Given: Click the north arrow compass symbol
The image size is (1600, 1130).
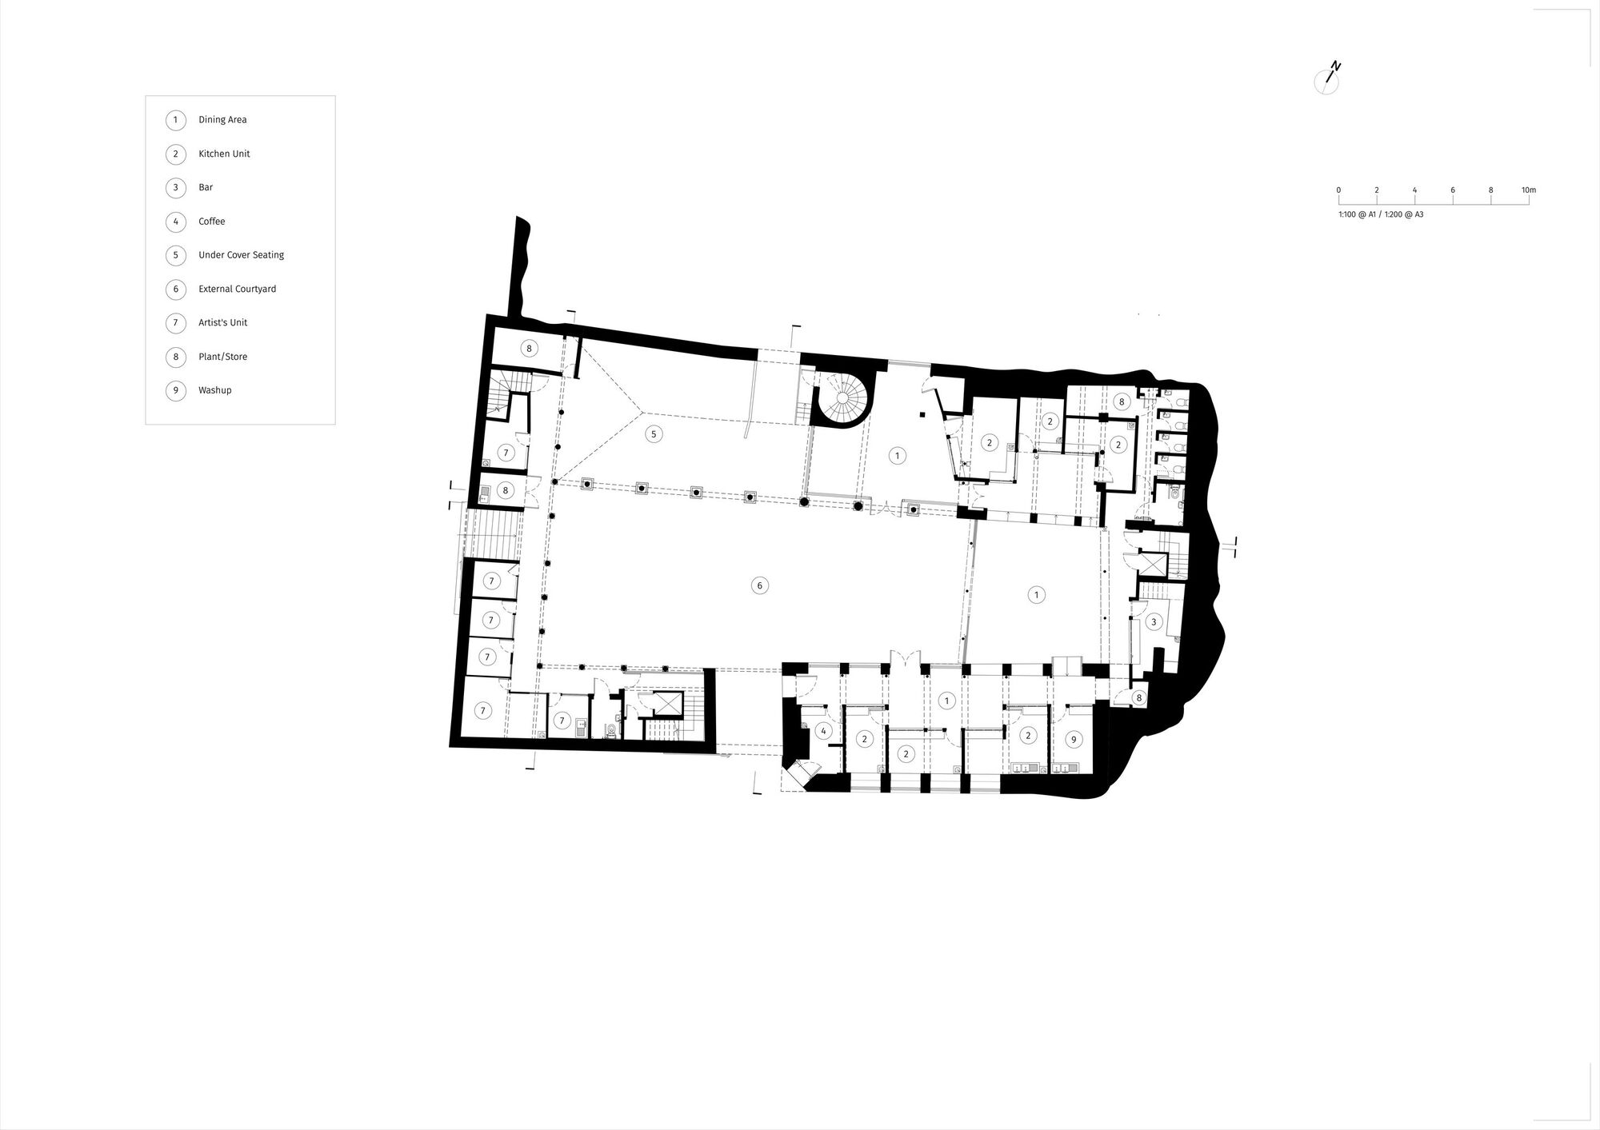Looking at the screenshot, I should pos(1327,81).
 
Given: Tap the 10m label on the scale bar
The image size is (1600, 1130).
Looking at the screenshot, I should pos(1528,190).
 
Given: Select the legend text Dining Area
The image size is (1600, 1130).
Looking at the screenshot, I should pos(222,120).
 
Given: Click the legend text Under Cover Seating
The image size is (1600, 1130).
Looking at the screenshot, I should pos(241,255).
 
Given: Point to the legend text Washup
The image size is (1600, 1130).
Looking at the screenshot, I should pos(214,390).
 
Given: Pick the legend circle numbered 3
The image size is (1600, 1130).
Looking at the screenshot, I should pos(175,188).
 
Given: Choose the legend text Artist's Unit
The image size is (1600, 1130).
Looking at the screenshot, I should pos(222,323).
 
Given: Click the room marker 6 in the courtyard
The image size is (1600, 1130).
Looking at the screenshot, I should pos(759,585).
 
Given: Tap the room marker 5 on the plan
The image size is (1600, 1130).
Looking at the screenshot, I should pos(654,434).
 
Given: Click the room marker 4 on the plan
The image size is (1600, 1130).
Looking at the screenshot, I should pos(823,731).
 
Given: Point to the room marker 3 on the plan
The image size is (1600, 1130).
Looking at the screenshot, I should pos(1153,621).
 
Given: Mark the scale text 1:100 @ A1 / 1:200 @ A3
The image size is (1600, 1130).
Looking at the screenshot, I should pos(1381,214).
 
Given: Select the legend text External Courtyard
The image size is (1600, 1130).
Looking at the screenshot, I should pos(237,289).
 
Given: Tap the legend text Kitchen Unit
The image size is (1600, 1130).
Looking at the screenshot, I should pos(224,154).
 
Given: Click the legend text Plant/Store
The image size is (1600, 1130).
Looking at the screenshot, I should pos(222,357).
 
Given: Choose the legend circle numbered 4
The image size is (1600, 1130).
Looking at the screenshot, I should pos(175,222).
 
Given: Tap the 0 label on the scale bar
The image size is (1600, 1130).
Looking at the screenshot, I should pos(1338,190).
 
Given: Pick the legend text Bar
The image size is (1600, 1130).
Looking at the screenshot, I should pos(206,187).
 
